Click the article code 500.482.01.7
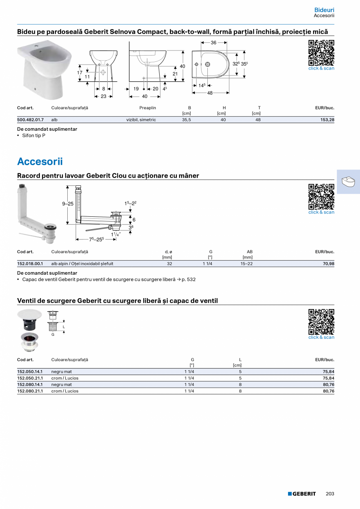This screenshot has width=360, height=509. click(x=31, y=120)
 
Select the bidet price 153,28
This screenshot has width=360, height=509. click(x=327, y=120)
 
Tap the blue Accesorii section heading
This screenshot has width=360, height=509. click(x=40, y=162)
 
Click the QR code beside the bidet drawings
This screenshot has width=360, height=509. click(x=321, y=53)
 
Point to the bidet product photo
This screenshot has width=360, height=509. click(x=45, y=71)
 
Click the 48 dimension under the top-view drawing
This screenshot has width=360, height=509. click(x=210, y=93)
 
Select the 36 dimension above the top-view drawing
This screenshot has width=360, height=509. click(x=214, y=43)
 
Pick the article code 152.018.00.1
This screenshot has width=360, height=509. click(x=31, y=264)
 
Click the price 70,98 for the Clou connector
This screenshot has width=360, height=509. click(x=328, y=264)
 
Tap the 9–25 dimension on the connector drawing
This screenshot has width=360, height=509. click(x=68, y=204)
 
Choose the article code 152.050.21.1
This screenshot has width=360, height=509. click(x=31, y=378)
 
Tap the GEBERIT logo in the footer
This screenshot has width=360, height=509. click(x=302, y=494)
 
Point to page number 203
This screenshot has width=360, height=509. click(x=330, y=494)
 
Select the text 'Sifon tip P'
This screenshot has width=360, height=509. click(x=34, y=135)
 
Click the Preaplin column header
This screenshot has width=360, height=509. click(x=148, y=108)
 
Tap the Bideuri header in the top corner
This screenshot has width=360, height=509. click(x=324, y=10)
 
